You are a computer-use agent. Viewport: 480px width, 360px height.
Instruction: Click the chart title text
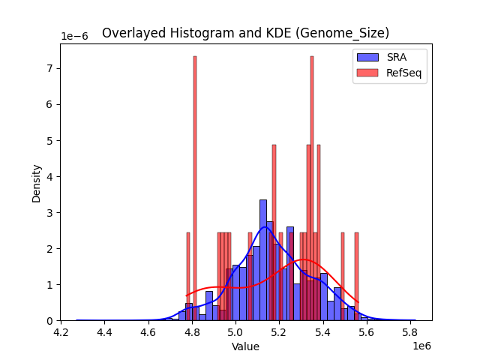[x=245, y=33]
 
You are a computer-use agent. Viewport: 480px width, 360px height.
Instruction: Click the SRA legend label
[x=397, y=56]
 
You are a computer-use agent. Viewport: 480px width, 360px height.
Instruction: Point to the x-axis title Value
[x=245, y=346]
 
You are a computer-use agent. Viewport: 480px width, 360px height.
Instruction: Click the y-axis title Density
[x=36, y=182]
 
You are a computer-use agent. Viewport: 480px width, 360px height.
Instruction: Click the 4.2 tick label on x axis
[x=61, y=331]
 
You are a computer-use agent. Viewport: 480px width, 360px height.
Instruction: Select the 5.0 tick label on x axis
[x=235, y=331]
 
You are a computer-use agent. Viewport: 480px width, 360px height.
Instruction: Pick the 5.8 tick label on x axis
[x=410, y=331]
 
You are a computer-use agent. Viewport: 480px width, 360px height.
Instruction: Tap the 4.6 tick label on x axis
[x=148, y=331]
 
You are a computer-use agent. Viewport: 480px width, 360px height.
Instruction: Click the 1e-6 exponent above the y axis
[x=75, y=36]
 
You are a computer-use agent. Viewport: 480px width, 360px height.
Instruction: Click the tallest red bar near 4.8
[x=194, y=187]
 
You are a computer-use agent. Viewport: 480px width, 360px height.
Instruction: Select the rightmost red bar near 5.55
[x=356, y=277]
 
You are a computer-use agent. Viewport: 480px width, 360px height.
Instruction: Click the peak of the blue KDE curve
[x=265, y=226]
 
